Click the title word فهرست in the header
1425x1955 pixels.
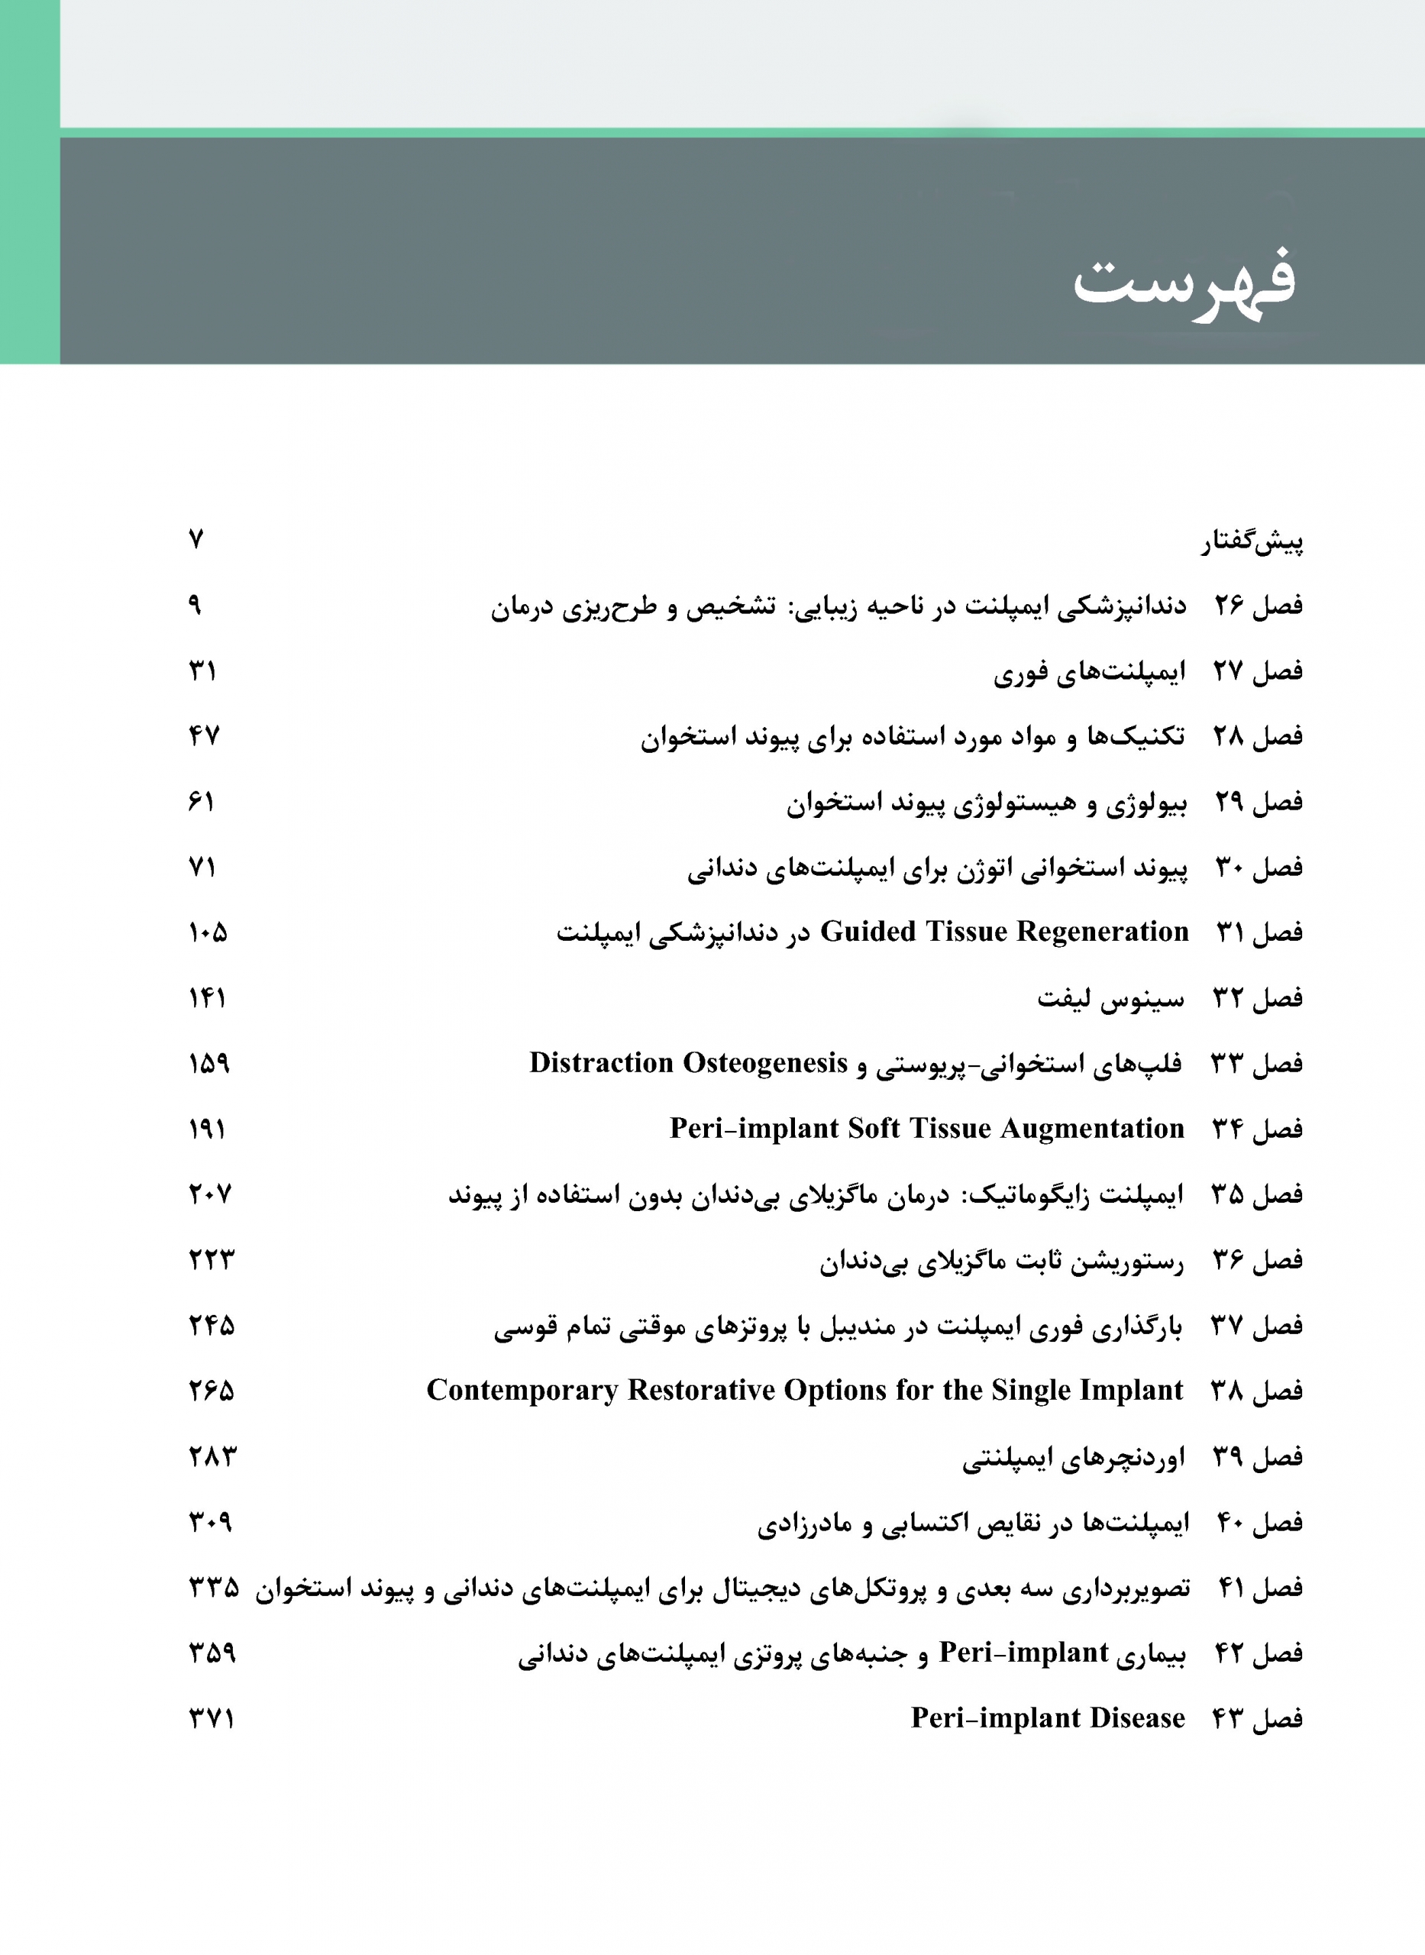[1184, 282]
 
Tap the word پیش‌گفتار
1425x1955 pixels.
[1252, 541]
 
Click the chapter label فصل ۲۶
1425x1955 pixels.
[1259, 606]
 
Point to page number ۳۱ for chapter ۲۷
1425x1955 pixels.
[202, 671]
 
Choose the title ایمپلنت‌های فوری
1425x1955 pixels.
[1090, 672]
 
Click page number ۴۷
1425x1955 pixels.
[205, 736]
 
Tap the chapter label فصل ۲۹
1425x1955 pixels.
[1259, 802]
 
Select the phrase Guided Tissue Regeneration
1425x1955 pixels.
[1004, 932]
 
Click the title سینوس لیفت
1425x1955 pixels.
[1110, 999]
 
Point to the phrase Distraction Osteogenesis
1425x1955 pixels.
[688, 1062]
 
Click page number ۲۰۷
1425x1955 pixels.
[211, 1194]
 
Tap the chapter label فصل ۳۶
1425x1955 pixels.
[1258, 1260]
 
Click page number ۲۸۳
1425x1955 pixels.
[212, 1456]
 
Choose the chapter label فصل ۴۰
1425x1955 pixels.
[1259, 1522]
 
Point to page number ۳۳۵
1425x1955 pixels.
[214, 1588]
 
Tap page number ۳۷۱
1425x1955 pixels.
[212, 1719]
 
